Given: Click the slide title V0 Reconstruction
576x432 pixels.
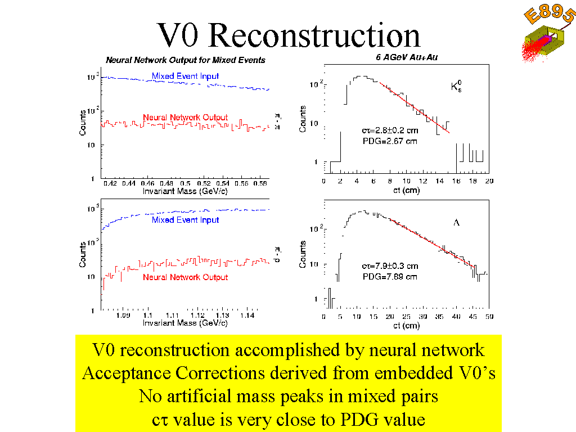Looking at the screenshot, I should (x=289, y=35).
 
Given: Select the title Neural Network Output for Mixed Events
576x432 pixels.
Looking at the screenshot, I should (x=186, y=60).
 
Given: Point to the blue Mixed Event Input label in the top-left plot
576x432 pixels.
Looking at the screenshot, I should (x=185, y=76).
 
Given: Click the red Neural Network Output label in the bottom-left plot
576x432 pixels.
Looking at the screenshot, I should (x=185, y=277).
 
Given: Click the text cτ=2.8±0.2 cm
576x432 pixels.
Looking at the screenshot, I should (x=390, y=131).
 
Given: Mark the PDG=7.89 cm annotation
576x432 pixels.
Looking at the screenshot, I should (x=389, y=276).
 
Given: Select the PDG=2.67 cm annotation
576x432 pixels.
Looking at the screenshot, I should (x=390, y=141).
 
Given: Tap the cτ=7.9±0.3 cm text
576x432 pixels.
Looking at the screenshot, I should (x=390, y=265).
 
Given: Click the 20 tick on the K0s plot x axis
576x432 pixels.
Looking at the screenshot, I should (x=489, y=181).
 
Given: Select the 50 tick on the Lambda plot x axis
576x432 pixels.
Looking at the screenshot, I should (x=489, y=317).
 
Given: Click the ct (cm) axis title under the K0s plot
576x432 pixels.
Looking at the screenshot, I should (x=406, y=191).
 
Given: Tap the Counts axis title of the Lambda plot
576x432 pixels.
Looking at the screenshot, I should (x=303, y=255).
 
